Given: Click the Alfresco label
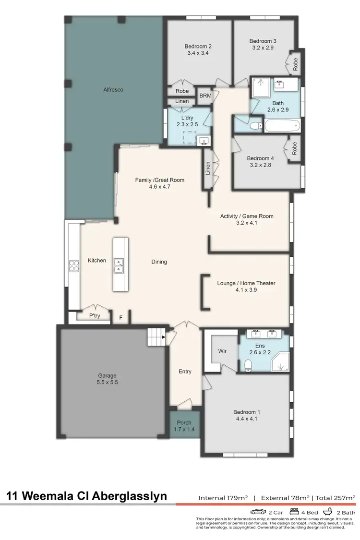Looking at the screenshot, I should click(113, 89).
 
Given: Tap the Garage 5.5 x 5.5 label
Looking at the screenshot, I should click(107, 379).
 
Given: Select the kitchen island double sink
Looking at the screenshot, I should click(118, 265).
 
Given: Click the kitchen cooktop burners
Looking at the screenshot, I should click(74, 265).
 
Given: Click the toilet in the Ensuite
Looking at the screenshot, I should click(248, 366).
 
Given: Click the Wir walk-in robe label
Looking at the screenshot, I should click(222, 351).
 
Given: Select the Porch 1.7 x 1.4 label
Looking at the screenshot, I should click(184, 426).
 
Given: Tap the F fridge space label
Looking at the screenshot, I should click(120, 317).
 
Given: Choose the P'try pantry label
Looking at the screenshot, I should click(95, 316).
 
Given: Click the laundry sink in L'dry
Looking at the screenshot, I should click(204, 141).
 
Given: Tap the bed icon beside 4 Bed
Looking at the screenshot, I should click(294, 511).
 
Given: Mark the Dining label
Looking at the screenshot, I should click(159, 262).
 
